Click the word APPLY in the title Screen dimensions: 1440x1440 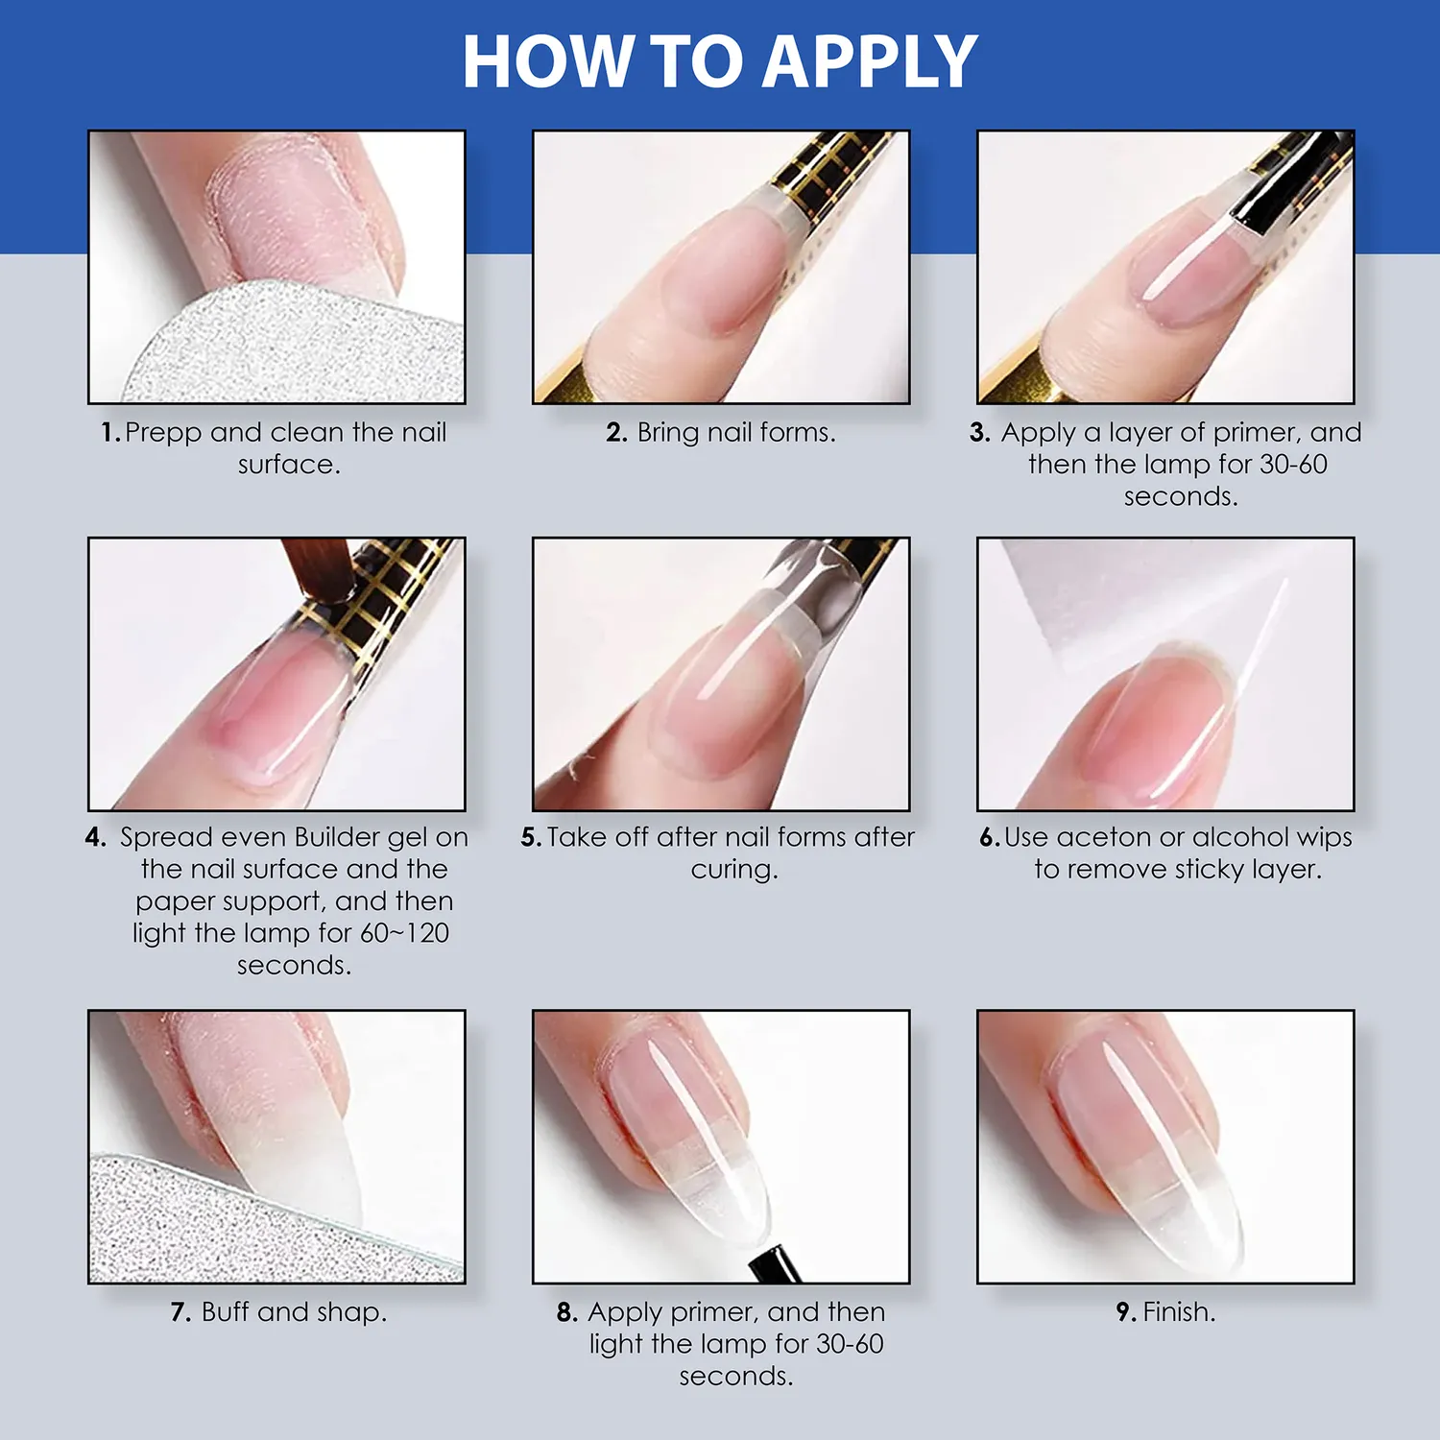tap(872, 63)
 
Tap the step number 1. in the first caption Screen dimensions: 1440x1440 tap(110, 433)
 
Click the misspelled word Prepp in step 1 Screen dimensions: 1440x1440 tap(163, 434)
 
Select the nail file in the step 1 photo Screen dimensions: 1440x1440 tap(288, 346)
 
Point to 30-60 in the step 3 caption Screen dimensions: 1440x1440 tap(1293, 465)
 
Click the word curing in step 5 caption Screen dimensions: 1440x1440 tap(733, 871)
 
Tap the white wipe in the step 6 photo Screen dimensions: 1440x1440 tap(1104, 595)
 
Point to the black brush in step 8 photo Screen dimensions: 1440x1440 tap(774, 1262)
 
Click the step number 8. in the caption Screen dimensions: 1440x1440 tap(567, 1312)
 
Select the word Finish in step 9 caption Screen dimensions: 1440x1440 tap(1178, 1312)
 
